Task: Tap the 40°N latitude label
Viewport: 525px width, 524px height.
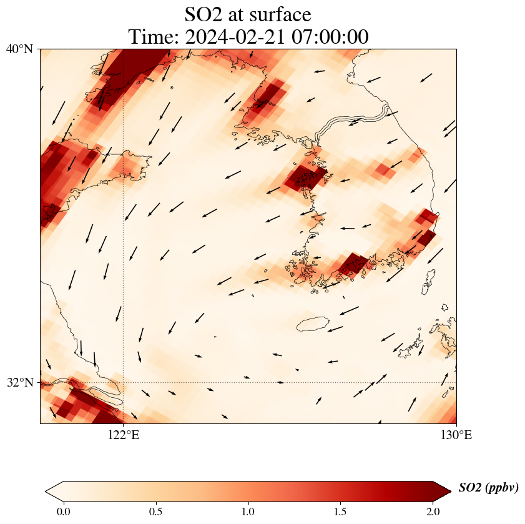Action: click(20, 49)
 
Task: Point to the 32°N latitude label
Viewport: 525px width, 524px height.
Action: click(20, 382)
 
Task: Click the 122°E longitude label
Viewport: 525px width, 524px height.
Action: click(123, 435)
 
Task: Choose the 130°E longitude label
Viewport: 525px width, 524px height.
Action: click(456, 435)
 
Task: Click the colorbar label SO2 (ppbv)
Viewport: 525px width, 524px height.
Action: click(488, 488)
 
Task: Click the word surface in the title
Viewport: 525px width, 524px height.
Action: click(280, 14)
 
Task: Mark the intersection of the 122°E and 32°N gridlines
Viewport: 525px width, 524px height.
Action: click(123, 382)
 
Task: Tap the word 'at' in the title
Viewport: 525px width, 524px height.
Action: click(239, 14)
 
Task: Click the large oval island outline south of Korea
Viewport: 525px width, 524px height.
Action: click(313, 324)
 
